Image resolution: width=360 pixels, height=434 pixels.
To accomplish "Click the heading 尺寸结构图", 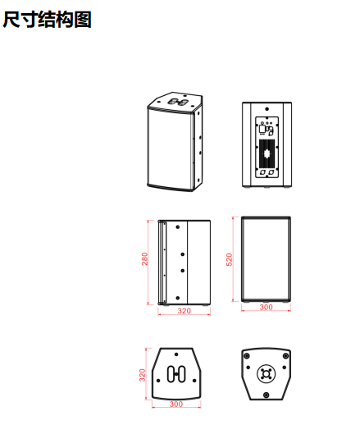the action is [x=47, y=20].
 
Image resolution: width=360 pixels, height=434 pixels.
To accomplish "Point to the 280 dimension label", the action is [x=144, y=258].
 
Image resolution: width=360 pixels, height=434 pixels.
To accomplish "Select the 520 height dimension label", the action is [x=229, y=259].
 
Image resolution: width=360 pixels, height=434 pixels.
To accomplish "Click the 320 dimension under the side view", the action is [x=184, y=311].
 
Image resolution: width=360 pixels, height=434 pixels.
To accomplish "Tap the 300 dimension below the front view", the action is [x=266, y=307].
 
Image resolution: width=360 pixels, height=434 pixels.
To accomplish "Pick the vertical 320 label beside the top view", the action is [x=142, y=375].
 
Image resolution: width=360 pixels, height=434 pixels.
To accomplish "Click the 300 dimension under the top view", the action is [x=176, y=404].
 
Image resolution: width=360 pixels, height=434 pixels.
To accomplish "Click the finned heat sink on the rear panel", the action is [x=267, y=153].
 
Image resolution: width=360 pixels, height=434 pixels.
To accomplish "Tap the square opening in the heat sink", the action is [x=267, y=153].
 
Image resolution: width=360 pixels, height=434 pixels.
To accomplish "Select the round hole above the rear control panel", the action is [x=267, y=109].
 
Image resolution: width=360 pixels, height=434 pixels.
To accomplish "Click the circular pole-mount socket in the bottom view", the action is [x=267, y=374].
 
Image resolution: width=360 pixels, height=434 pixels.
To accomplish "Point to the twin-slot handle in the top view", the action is [x=176, y=374].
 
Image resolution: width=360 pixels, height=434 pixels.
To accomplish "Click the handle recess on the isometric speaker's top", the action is [x=178, y=102].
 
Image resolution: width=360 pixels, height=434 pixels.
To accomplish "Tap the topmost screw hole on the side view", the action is [x=178, y=227].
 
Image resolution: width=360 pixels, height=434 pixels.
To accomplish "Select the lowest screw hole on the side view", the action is [x=178, y=298].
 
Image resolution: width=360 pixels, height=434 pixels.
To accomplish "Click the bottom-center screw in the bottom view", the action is [x=267, y=395].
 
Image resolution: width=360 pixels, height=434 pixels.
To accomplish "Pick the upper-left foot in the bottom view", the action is [x=247, y=356].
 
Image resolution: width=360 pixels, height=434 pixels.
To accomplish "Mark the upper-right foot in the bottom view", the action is [x=285, y=356].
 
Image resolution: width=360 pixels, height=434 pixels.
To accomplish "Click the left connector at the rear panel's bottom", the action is [x=263, y=172].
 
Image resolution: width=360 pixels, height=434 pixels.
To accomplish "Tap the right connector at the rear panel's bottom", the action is [x=271, y=172].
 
